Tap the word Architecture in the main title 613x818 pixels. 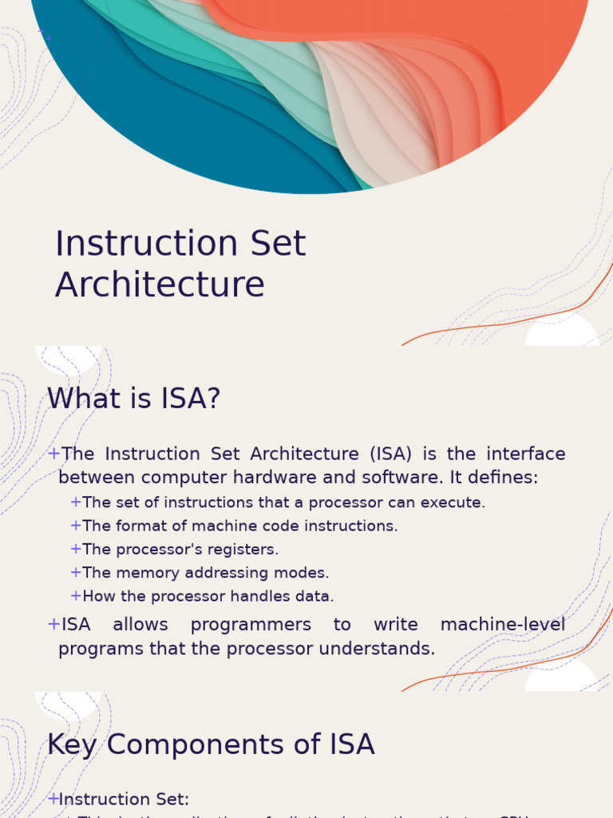click(x=160, y=284)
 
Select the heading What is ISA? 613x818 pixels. click(x=133, y=398)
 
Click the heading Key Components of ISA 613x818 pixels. click(x=211, y=744)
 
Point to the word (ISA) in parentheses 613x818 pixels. click(x=390, y=454)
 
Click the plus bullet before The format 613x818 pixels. click(x=76, y=526)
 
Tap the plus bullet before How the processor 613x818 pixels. click(x=76, y=596)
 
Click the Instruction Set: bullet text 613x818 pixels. click(x=124, y=799)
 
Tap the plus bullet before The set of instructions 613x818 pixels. click(x=76, y=502)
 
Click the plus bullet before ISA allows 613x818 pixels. click(x=54, y=624)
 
